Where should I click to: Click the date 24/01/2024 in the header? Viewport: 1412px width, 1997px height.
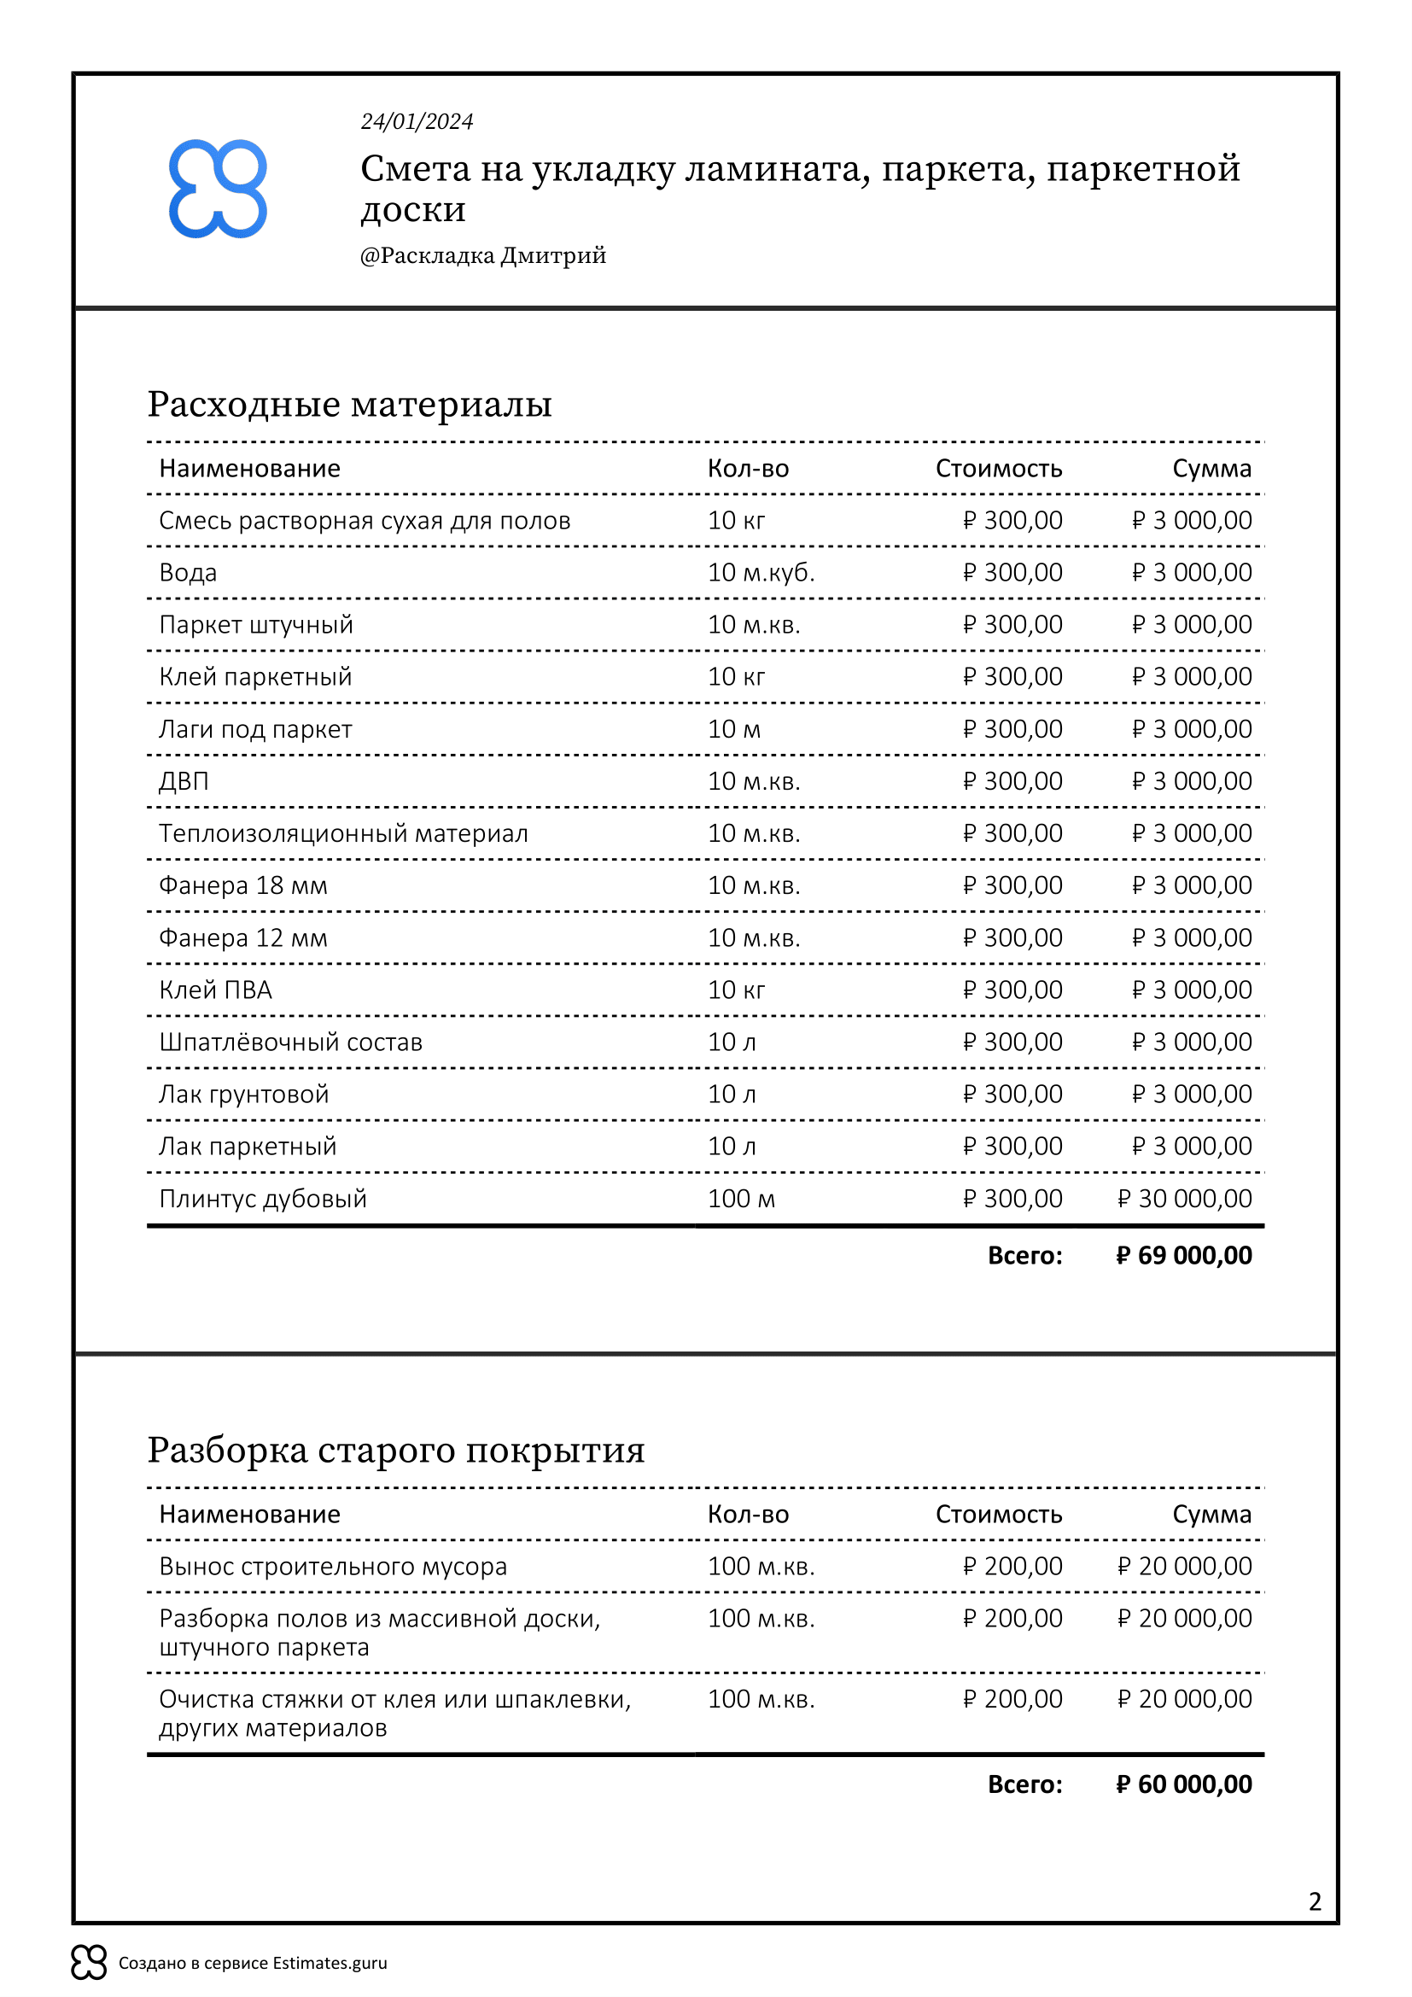(x=417, y=122)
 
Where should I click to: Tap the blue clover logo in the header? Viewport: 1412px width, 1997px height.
(x=218, y=189)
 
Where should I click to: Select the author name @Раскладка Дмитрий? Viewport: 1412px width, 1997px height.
(x=482, y=256)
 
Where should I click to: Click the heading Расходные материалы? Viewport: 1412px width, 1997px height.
(x=349, y=405)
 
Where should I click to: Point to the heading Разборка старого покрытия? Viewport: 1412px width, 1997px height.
(x=395, y=1451)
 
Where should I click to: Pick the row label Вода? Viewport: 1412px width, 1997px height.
(x=188, y=573)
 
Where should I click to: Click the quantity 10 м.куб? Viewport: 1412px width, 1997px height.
(x=761, y=573)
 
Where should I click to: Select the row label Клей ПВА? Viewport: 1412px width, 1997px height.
(x=215, y=990)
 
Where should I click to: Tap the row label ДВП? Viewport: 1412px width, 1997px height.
(x=184, y=782)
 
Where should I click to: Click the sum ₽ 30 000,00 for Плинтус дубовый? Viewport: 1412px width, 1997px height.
(x=1184, y=1200)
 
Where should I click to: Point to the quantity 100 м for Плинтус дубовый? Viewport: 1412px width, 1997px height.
(x=741, y=1200)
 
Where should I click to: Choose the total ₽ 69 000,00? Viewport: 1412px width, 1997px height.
(x=1183, y=1256)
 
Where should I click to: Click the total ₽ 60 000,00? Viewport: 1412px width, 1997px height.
(x=1183, y=1784)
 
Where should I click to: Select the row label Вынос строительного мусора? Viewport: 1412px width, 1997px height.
(x=332, y=1568)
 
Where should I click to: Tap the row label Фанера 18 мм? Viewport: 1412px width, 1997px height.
(x=242, y=886)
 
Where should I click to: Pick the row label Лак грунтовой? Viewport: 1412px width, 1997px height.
(x=243, y=1095)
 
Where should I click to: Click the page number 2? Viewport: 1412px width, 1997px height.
(x=1315, y=1902)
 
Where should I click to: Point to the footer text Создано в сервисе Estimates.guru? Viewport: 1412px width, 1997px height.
(x=252, y=1963)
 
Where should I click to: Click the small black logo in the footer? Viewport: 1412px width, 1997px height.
(x=89, y=1962)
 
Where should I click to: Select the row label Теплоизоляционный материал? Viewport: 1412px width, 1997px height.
(x=342, y=834)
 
